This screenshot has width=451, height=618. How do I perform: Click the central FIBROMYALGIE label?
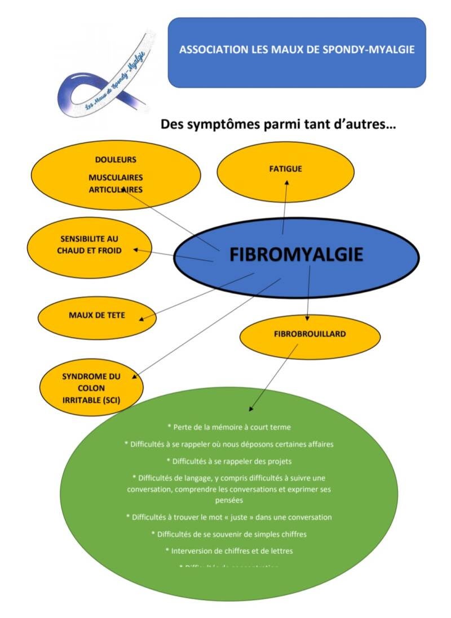pos(296,255)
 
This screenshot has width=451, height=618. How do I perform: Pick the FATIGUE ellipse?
pos(286,168)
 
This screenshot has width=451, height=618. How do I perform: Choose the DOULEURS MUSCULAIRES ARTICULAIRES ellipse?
pos(116,174)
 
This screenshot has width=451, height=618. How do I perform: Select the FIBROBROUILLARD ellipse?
pos(309,334)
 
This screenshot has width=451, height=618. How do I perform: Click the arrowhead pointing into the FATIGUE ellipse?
pos(286,182)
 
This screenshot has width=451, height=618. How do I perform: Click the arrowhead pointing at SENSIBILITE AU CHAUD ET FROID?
pos(136,249)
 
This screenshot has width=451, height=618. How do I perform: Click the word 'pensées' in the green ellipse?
pos(228,499)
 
